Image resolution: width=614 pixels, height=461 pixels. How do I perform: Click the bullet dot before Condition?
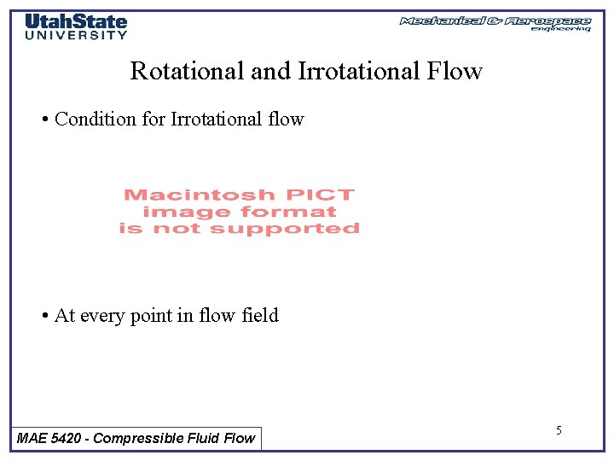[x=44, y=120]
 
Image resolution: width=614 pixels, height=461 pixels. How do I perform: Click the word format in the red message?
[x=288, y=212]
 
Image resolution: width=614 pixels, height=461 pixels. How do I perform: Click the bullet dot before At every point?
[x=44, y=316]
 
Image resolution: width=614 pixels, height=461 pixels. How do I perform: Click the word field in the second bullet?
[x=259, y=316]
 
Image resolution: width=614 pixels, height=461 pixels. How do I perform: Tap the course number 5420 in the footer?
[x=67, y=438]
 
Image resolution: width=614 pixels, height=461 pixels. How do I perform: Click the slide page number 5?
[x=559, y=430]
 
